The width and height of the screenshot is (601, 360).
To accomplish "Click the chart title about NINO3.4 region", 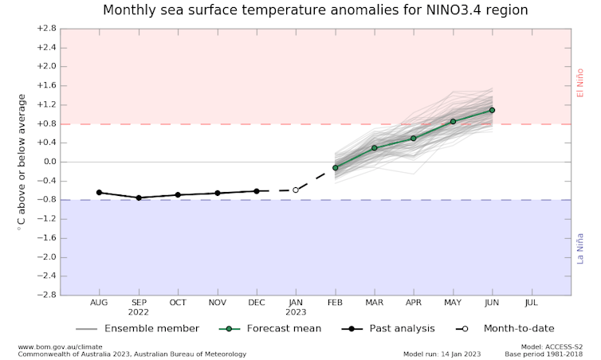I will [315, 11].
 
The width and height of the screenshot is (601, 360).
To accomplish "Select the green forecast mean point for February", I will [336, 168].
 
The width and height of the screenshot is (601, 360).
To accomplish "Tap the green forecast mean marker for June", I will [492, 110].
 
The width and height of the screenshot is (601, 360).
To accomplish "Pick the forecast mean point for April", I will [414, 139].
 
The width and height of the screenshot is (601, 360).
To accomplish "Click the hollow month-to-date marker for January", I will [296, 190].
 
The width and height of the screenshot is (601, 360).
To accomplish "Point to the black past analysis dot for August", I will [100, 193].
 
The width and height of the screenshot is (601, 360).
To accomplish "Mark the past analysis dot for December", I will [257, 191].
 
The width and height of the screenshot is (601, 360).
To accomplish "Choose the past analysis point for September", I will [139, 198].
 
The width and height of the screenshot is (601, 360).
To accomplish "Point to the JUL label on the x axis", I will [531, 303].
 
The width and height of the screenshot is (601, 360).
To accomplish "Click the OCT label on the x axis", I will [178, 303].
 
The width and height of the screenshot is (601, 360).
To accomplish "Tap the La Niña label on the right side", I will [580, 248].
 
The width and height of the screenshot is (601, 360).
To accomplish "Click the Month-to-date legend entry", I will [506, 328].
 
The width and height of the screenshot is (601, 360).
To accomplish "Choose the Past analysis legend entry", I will [391, 328].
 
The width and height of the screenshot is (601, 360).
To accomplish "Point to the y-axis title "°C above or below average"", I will [22, 162].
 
